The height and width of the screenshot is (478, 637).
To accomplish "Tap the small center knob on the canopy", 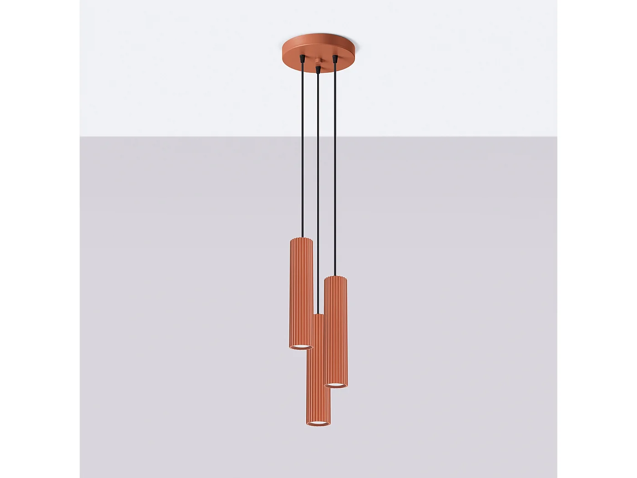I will [318, 61].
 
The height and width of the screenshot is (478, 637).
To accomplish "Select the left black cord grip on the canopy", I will [302, 58].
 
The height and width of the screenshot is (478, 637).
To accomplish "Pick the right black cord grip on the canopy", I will [335, 59].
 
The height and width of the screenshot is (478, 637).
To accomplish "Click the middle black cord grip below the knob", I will [318, 70].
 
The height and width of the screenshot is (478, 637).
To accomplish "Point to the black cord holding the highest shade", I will [302, 150].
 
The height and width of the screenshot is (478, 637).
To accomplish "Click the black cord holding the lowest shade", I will [318, 191].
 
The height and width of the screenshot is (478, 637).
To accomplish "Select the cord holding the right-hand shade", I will [335, 168].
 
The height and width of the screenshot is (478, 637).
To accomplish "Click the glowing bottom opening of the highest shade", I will [301, 347].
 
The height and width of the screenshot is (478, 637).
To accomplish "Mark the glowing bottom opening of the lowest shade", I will [318, 424].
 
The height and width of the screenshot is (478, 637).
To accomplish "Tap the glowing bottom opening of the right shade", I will [336, 385].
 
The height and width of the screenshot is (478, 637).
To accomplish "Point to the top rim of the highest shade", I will [301, 239].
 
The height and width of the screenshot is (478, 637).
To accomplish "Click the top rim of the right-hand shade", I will [336, 277].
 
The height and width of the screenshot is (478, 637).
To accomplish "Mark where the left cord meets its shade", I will [302, 237].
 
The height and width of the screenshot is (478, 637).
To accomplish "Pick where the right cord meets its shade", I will [335, 276].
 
